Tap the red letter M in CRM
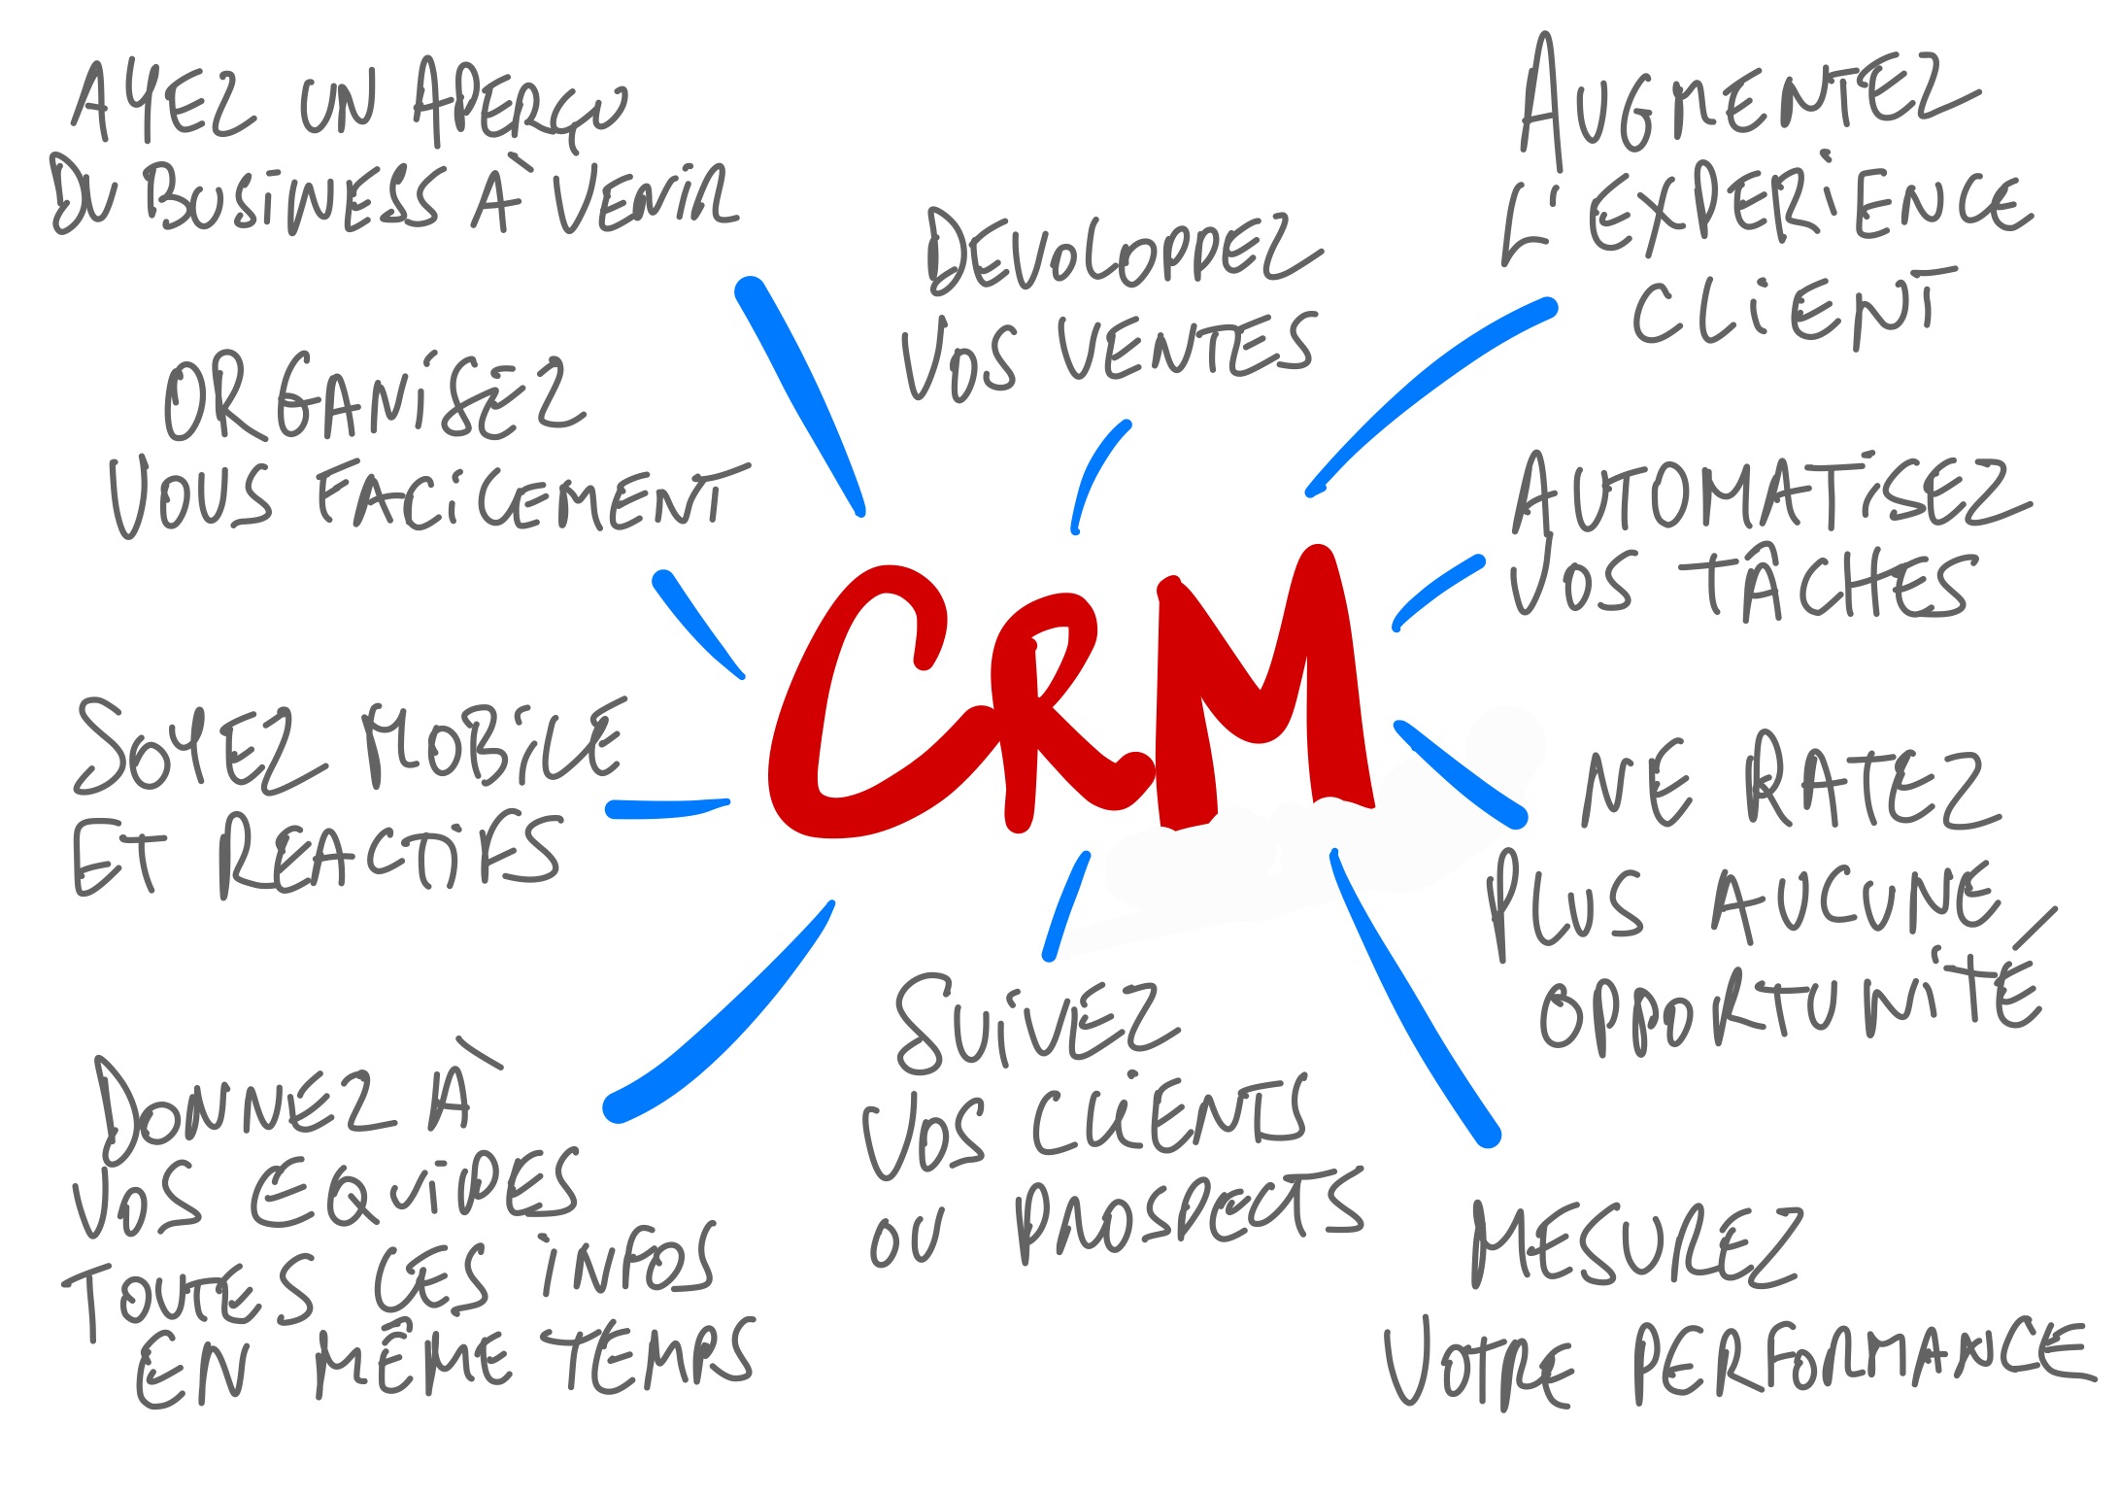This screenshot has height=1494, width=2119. pyautogui.click(x=1262, y=690)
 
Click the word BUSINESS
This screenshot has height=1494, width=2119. pyautogui.click(x=291, y=199)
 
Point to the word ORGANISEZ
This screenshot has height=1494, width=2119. pyautogui.click(x=374, y=398)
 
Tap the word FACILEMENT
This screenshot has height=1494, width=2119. pyautogui.click(x=529, y=495)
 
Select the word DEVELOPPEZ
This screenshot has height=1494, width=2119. pyautogui.click(x=1122, y=253)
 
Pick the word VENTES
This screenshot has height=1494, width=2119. pyautogui.click(x=1185, y=350)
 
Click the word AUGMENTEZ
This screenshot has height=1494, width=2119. pyautogui.click(x=1748, y=102)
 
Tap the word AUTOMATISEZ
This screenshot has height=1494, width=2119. pyautogui.click(x=1767, y=495)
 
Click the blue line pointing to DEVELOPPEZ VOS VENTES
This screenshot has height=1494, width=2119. pyautogui.click(x=1097, y=476)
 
